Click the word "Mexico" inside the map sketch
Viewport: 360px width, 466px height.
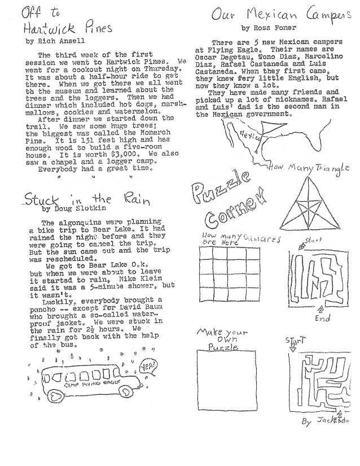247,135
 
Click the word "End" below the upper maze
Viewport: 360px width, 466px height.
323,317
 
